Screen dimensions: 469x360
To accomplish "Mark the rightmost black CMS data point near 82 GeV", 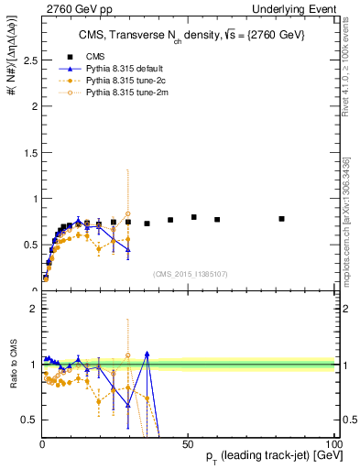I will pyautogui.click(x=281, y=219).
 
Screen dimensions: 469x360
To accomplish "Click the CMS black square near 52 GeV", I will pyautogui.click(x=194, y=217).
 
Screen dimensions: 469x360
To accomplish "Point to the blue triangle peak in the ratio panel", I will pyautogui.click(x=147, y=354).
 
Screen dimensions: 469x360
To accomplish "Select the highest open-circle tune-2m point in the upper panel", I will pyautogui.click(x=128, y=214).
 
